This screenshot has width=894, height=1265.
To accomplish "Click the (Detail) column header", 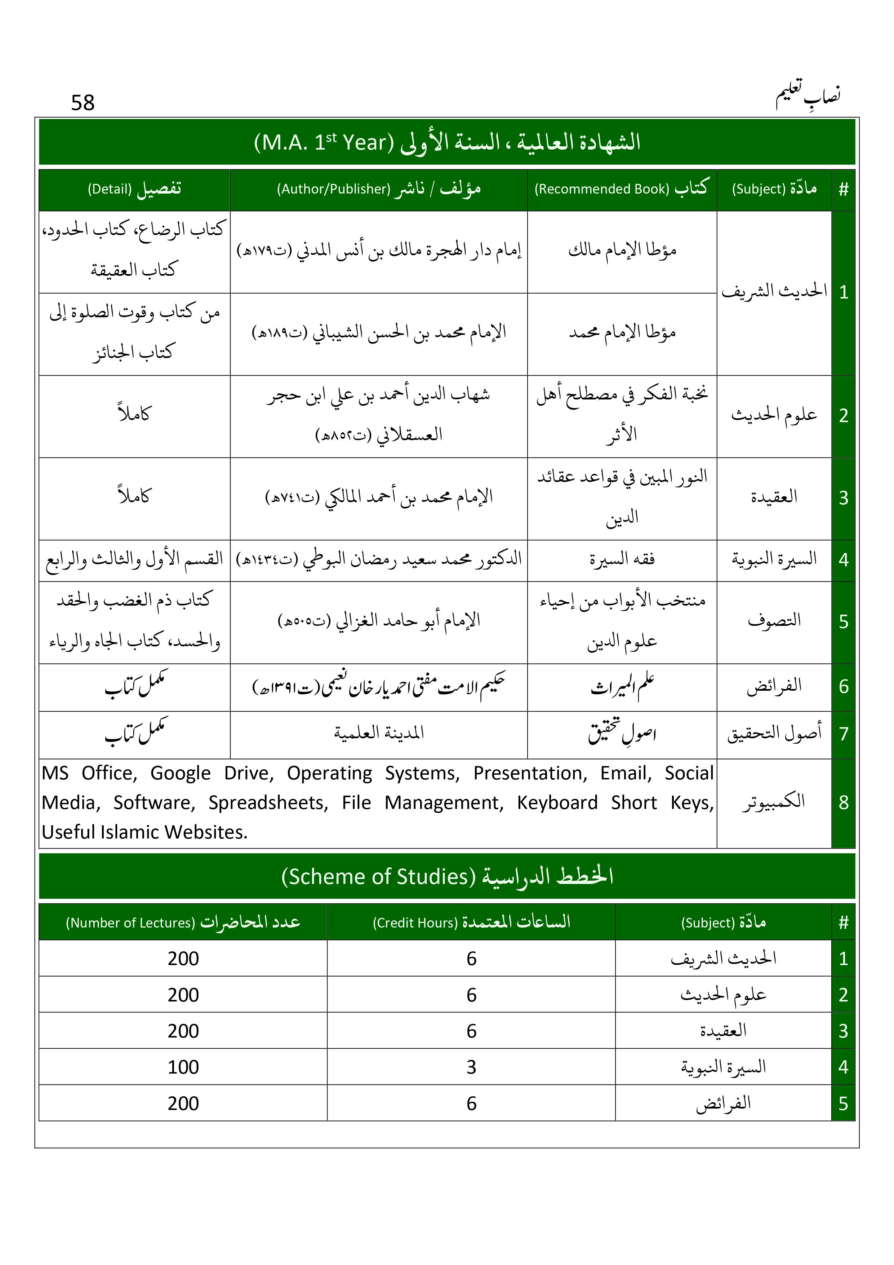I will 134,189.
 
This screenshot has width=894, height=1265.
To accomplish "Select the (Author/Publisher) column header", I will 378,189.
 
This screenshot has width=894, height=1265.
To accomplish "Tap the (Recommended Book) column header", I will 621,189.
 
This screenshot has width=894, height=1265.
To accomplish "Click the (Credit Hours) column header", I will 471,922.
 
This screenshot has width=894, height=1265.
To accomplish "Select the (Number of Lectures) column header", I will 183,922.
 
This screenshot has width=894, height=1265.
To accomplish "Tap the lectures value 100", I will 183,1067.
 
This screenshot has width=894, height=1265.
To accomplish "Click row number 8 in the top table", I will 843,803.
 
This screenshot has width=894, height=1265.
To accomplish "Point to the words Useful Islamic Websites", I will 144,832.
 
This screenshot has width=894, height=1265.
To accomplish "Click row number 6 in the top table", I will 843,686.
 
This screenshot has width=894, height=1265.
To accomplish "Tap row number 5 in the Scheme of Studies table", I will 843,1103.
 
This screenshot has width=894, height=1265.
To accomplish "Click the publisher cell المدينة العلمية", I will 378,733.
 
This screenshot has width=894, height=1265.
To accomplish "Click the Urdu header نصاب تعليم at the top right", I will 808,96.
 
